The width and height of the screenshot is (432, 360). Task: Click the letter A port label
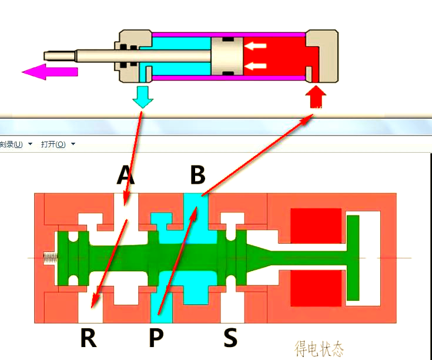(125, 174)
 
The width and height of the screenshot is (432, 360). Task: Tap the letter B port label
(197, 174)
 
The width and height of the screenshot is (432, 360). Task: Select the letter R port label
(88, 338)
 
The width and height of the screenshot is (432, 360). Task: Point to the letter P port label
(156, 338)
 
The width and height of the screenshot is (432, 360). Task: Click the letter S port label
(230, 338)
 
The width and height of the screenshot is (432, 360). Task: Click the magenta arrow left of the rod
(49, 72)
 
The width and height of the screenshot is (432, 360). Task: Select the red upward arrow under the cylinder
(316, 96)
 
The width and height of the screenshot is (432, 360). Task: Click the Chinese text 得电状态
(319, 348)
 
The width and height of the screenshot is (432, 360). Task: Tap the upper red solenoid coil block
(316, 226)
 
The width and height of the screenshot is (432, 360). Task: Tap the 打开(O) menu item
(53, 144)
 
